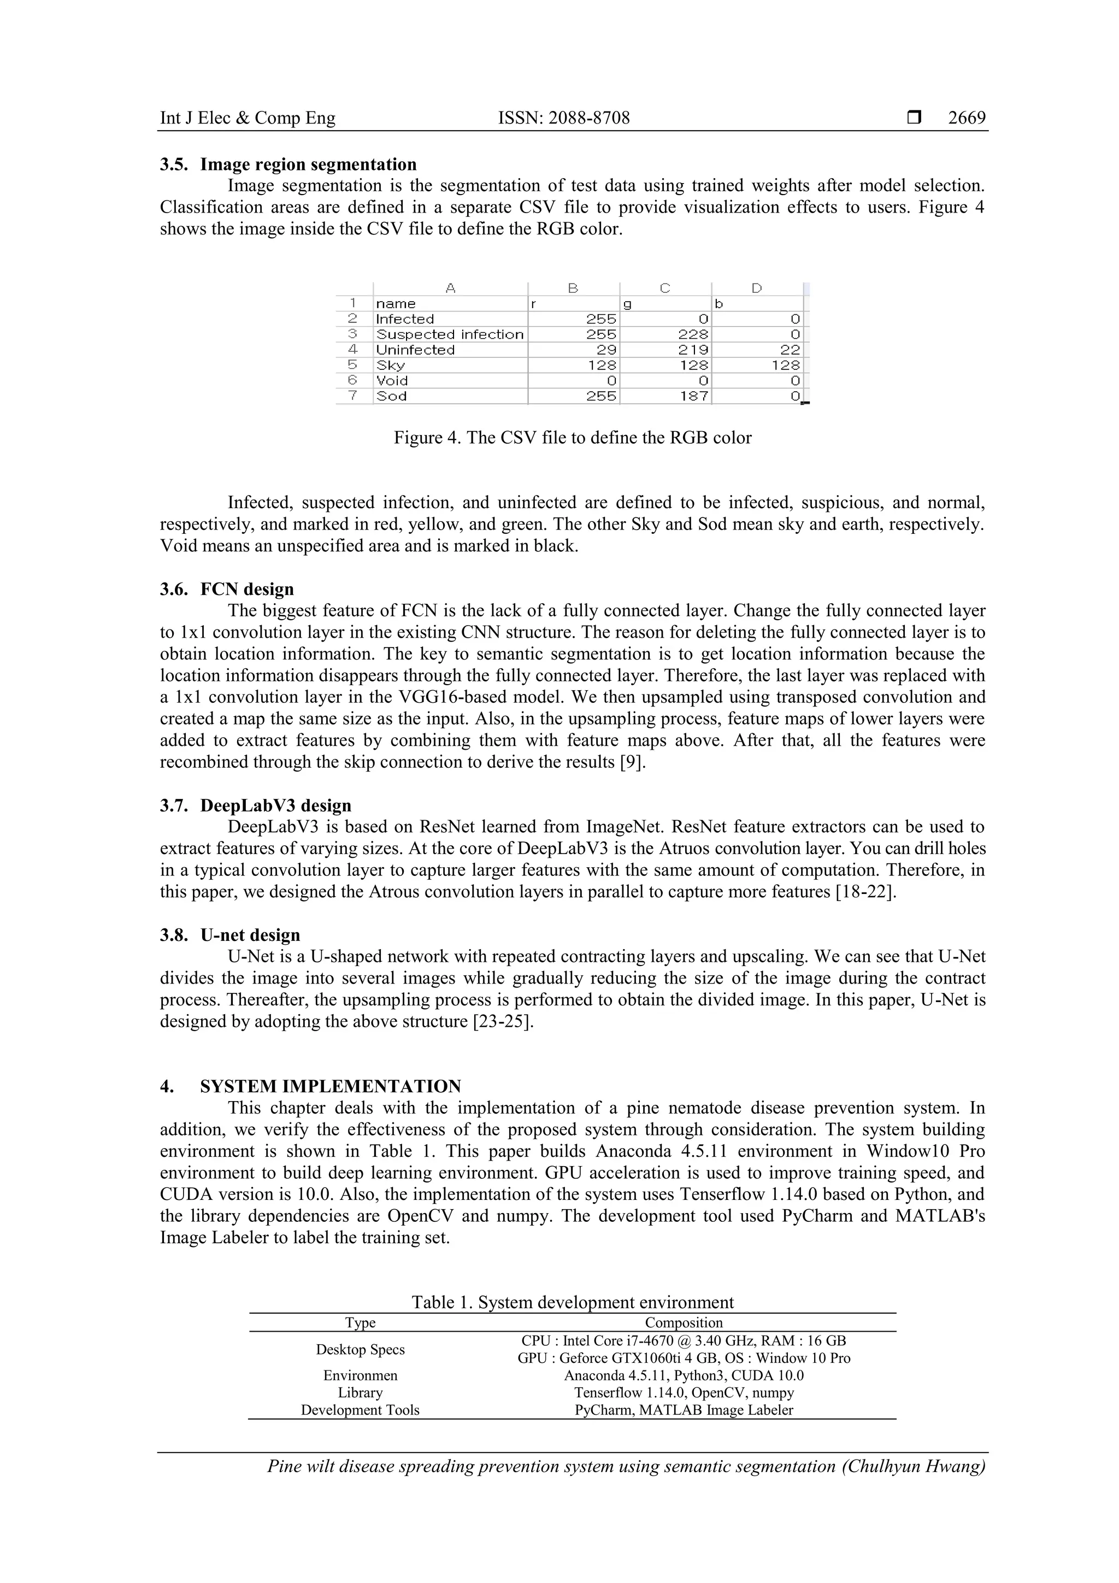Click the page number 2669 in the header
966,118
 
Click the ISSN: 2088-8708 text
563,118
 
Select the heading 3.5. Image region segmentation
288,164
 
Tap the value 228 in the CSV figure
693,334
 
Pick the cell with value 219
693,350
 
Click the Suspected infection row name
450,334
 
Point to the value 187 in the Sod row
693,396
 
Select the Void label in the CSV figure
392,380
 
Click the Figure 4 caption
572,438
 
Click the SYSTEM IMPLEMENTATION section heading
330,1086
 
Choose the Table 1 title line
572,1302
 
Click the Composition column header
684,1322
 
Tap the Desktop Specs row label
360,1349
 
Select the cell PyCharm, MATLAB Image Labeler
684,1410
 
